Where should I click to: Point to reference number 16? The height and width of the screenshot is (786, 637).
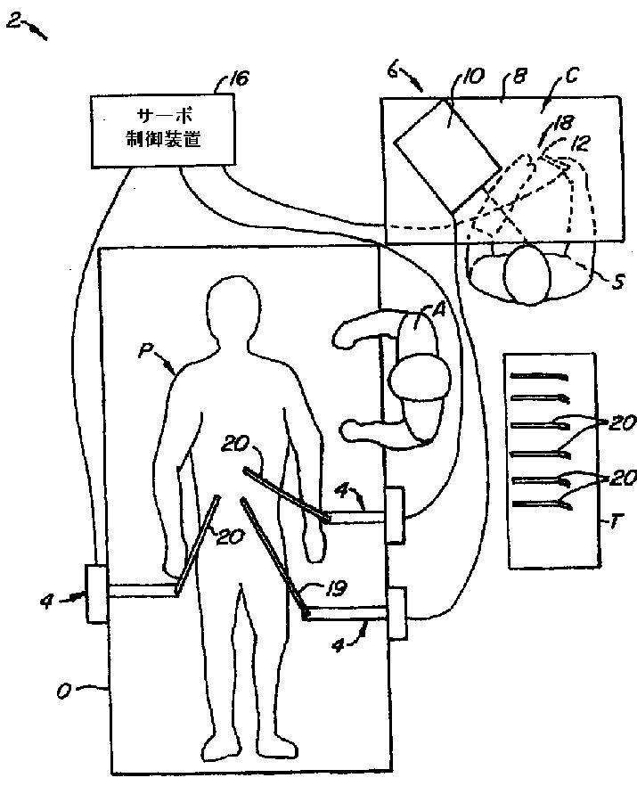pos(236,79)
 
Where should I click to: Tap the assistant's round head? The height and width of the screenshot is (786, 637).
pos(420,377)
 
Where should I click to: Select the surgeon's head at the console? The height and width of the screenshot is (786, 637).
pos(526,276)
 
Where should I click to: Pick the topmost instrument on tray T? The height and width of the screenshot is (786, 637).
pos(544,375)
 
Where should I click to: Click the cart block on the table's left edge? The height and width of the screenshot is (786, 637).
pos(96,594)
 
